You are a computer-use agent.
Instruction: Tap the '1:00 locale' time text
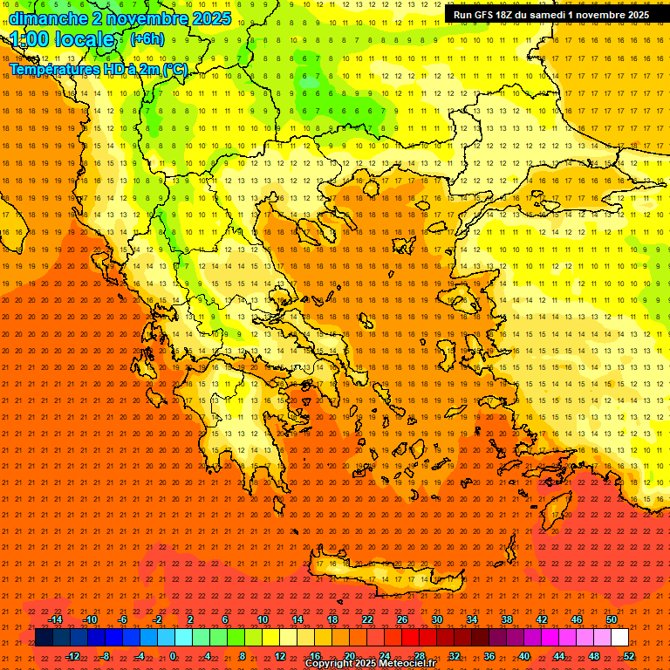63,40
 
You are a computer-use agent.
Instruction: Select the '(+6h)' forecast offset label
147,39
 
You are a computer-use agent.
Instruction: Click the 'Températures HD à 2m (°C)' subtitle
98,70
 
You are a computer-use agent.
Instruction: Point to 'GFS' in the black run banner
485,15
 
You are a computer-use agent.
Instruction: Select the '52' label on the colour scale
629,655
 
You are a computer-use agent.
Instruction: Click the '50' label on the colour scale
612,619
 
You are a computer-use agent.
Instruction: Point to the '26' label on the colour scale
402,619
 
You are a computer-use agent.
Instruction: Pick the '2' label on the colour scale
190,619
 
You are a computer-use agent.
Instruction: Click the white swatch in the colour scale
620,638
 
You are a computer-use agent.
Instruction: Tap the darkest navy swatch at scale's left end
44,638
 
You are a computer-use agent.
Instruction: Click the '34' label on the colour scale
472,619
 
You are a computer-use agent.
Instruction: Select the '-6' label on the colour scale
122,619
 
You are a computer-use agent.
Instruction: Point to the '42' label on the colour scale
542,619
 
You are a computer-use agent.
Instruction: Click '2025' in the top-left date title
211,18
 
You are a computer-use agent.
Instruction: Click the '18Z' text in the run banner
509,15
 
